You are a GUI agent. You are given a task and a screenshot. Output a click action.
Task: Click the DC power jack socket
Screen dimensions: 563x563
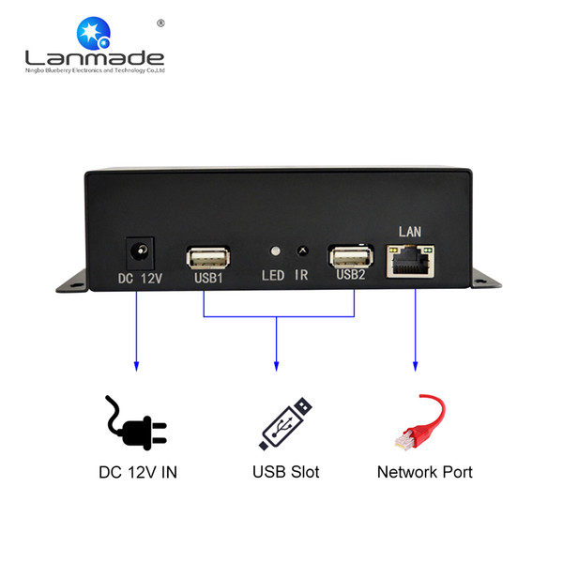click(140, 252)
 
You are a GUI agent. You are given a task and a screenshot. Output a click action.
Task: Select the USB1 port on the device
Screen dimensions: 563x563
click(208, 258)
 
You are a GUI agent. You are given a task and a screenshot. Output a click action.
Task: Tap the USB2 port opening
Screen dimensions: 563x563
click(352, 256)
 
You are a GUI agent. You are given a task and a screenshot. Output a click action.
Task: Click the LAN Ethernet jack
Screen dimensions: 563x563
click(410, 261)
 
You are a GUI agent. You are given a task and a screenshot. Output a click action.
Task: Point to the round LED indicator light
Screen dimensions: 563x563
click(275, 251)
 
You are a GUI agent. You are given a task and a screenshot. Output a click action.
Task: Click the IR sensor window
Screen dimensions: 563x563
click(303, 251)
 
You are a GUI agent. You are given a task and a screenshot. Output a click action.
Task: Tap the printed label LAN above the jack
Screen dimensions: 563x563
click(410, 232)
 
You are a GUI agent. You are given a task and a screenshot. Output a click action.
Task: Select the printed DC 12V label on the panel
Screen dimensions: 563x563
click(140, 279)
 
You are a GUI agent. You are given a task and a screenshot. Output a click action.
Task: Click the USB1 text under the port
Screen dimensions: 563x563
click(208, 278)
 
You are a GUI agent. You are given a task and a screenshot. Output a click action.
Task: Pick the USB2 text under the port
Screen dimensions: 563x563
click(351, 275)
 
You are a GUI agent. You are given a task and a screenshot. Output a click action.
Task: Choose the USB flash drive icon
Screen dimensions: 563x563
click(285, 424)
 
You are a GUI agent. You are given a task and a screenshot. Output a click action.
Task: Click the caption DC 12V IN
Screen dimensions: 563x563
click(138, 473)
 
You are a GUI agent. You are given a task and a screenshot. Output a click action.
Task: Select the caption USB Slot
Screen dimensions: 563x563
click(286, 472)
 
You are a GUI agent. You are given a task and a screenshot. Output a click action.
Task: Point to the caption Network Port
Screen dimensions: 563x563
click(425, 472)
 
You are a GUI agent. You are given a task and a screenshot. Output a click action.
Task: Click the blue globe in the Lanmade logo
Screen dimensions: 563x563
click(93, 33)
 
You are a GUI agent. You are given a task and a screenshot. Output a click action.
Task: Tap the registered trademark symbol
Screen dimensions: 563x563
click(160, 23)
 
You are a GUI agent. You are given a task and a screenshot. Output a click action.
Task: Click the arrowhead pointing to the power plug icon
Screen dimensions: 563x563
click(136, 367)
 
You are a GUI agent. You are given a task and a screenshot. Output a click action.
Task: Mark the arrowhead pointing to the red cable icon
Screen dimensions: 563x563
click(416, 367)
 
